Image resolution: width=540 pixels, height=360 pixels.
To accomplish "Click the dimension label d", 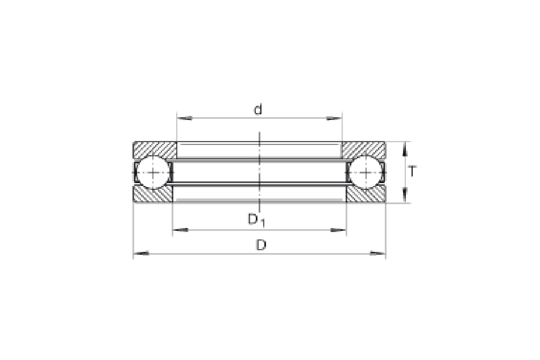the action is (x=258, y=110).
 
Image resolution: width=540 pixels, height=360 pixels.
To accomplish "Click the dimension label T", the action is (x=412, y=171).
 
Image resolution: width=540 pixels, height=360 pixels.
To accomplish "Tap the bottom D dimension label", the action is (x=261, y=245).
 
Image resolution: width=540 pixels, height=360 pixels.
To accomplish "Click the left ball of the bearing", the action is (x=153, y=172).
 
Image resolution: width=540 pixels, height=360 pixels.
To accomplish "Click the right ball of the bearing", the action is (x=365, y=172).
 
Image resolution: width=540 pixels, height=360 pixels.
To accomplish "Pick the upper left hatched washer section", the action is (x=155, y=150).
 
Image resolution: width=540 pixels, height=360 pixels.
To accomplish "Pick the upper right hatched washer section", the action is (x=364, y=150).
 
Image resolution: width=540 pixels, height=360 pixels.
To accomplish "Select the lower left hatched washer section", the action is (x=153, y=195).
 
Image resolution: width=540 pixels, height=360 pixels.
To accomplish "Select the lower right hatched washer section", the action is (x=365, y=195).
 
